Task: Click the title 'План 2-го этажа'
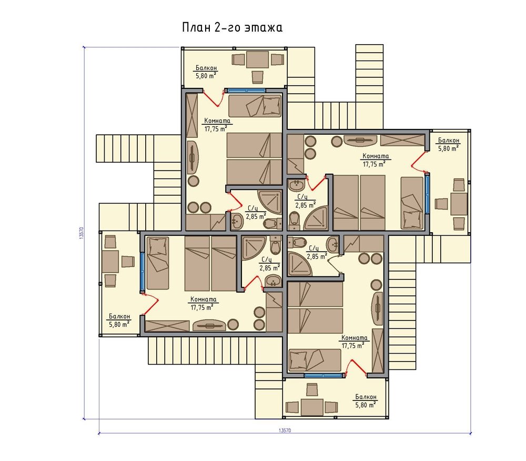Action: click(232, 27)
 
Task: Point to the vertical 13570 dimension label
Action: click(81, 233)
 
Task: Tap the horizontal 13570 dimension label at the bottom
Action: click(285, 430)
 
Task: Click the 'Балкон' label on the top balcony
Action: click(206, 68)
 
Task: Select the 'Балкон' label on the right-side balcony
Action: click(449, 140)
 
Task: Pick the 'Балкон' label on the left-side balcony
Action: click(119, 316)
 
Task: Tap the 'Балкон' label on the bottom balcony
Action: click(366, 397)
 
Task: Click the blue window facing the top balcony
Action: click(246, 91)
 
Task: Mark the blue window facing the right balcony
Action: click(427, 193)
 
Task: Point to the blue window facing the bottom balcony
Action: click(324, 375)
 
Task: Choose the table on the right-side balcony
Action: click(459, 204)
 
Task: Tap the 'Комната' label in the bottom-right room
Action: click(354, 338)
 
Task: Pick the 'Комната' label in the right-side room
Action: click(376, 156)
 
